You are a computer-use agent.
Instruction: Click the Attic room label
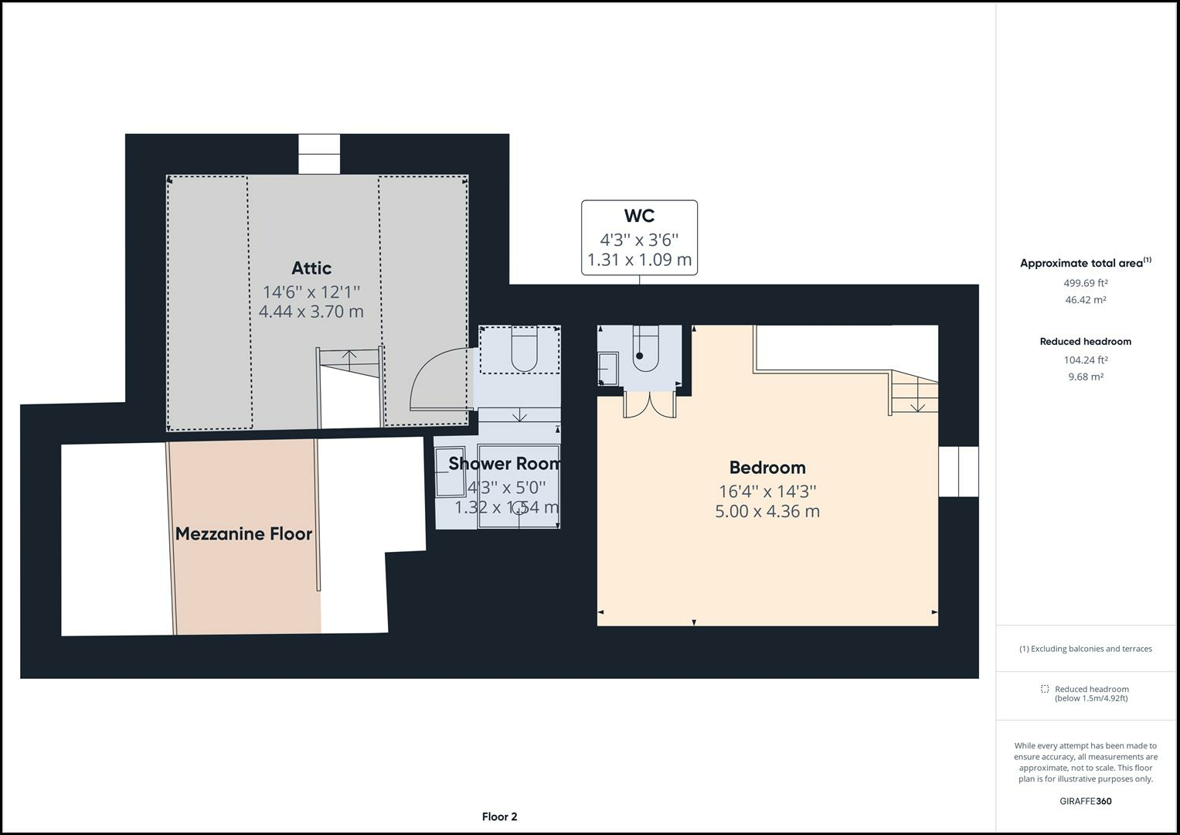(311, 268)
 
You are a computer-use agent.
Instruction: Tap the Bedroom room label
(767, 468)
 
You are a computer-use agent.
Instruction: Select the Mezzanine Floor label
(243, 533)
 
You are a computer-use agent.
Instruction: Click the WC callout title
(639, 216)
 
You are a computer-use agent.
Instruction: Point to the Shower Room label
(504, 464)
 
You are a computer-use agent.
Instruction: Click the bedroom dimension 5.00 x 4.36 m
(767, 511)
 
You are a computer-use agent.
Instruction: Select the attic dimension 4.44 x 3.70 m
(311, 312)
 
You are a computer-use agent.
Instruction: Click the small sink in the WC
(608, 369)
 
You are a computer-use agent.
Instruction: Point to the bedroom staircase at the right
(914, 392)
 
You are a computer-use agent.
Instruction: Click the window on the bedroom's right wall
(958, 472)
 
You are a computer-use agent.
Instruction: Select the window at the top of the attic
(319, 154)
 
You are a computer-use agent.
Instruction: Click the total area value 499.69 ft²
(1085, 283)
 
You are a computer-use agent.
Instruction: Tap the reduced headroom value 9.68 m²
(1085, 377)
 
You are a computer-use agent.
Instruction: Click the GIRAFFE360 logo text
(1085, 801)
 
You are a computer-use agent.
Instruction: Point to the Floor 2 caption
(499, 816)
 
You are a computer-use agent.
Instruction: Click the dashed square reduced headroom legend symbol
(1044, 689)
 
